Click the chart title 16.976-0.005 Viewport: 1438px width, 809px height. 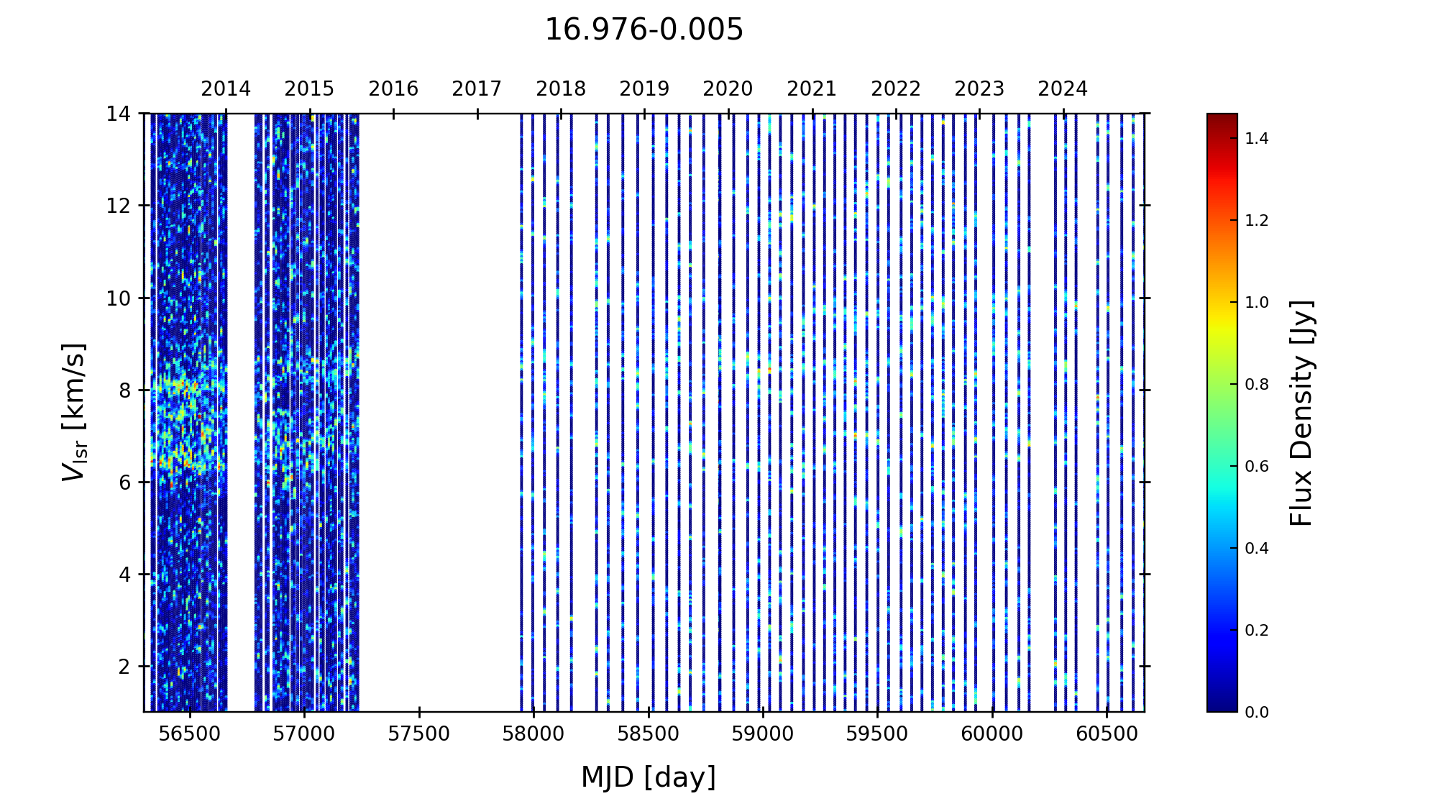click(644, 30)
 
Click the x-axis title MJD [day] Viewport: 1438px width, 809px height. click(648, 777)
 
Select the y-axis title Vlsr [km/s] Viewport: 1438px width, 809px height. click(74, 412)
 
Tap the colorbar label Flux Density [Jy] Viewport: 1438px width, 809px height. click(1301, 413)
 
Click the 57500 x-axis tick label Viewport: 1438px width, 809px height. click(419, 734)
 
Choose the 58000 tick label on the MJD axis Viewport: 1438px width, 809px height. click(533, 734)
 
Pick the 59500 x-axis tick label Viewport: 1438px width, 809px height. click(878, 734)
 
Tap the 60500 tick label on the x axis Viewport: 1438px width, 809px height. click(1107, 734)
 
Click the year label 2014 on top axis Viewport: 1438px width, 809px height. click(226, 89)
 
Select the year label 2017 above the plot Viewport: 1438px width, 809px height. click(477, 89)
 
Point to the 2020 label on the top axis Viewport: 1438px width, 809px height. click(728, 89)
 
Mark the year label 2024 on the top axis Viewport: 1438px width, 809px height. click(1063, 89)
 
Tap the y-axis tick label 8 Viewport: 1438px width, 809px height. click(124, 390)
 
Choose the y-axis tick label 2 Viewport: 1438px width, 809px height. click(124, 667)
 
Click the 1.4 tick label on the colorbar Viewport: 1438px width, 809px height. click(1257, 138)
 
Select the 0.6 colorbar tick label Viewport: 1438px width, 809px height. click(1257, 466)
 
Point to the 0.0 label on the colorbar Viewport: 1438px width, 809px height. click(1257, 712)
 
